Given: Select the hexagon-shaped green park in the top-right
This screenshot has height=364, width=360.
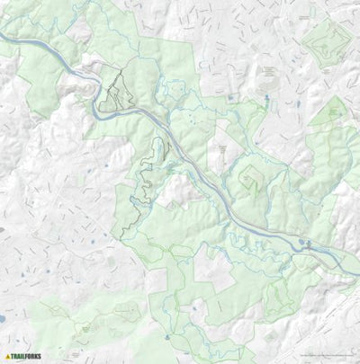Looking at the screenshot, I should pos(326,40).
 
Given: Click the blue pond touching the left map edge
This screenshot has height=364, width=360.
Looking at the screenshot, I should pos(3,321).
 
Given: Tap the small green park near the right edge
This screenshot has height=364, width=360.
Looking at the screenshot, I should pos(335,112).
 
